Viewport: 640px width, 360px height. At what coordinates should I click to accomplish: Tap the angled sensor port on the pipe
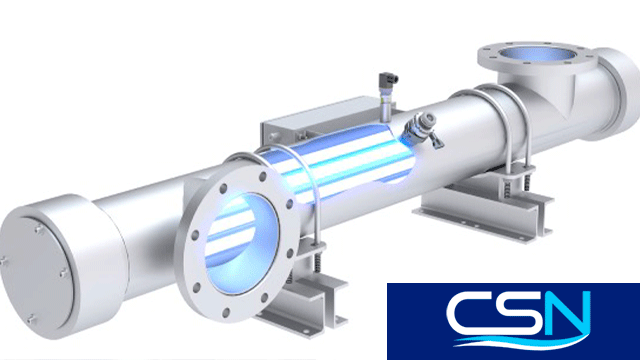pos(421,128)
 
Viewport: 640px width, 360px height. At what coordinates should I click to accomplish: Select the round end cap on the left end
pos(61,266)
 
